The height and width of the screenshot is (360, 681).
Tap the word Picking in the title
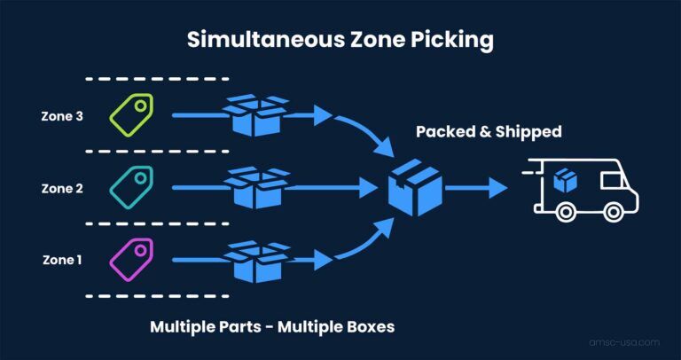tap(456, 41)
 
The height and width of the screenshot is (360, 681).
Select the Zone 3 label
tap(62, 115)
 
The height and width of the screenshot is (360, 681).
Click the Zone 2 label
tap(62, 188)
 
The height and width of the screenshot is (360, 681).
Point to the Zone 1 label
tap(62, 260)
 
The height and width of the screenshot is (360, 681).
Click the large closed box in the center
tap(416, 188)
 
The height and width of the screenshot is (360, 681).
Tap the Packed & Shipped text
tap(489, 132)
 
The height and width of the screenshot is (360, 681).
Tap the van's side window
tap(613, 180)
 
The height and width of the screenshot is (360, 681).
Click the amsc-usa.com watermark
tap(626, 340)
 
